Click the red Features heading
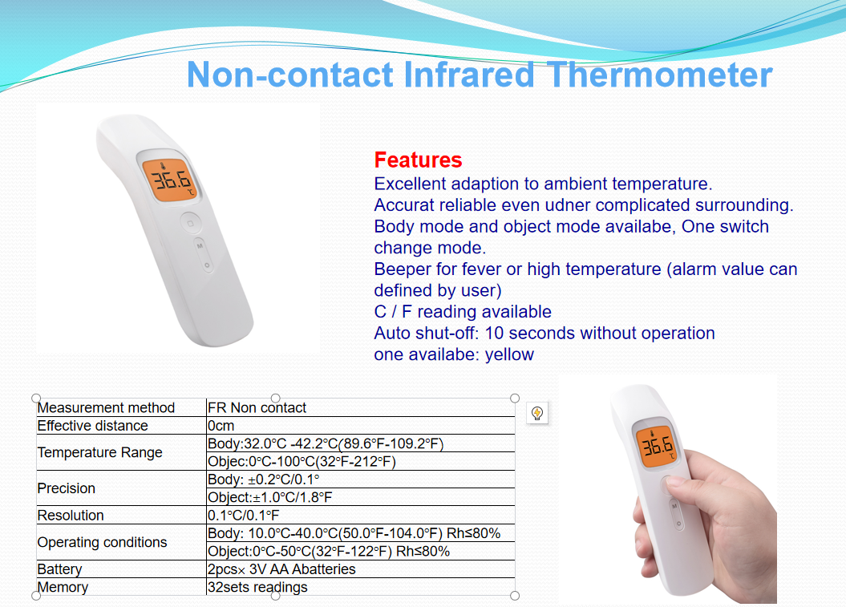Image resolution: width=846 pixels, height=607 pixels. (418, 160)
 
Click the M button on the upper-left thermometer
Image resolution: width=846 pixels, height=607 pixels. (200, 246)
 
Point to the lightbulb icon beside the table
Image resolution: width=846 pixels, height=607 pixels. (537, 413)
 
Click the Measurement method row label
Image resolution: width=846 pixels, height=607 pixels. (107, 407)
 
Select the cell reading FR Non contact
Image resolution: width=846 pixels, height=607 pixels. (257, 407)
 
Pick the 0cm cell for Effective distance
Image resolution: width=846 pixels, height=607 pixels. (221, 426)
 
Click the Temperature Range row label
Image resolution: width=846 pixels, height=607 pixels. (99, 452)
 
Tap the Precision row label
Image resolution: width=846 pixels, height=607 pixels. (67, 488)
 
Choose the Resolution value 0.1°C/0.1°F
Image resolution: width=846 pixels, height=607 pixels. (243, 516)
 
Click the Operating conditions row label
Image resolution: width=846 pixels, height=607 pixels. (103, 542)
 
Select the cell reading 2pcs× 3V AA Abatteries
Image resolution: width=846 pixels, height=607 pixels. (281, 569)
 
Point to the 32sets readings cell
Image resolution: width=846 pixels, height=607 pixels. (257, 587)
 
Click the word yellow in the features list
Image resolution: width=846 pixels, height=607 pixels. (509, 354)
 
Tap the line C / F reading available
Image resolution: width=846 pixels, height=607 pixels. (463, 311)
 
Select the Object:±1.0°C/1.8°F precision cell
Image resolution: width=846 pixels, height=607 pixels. (269, 497)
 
